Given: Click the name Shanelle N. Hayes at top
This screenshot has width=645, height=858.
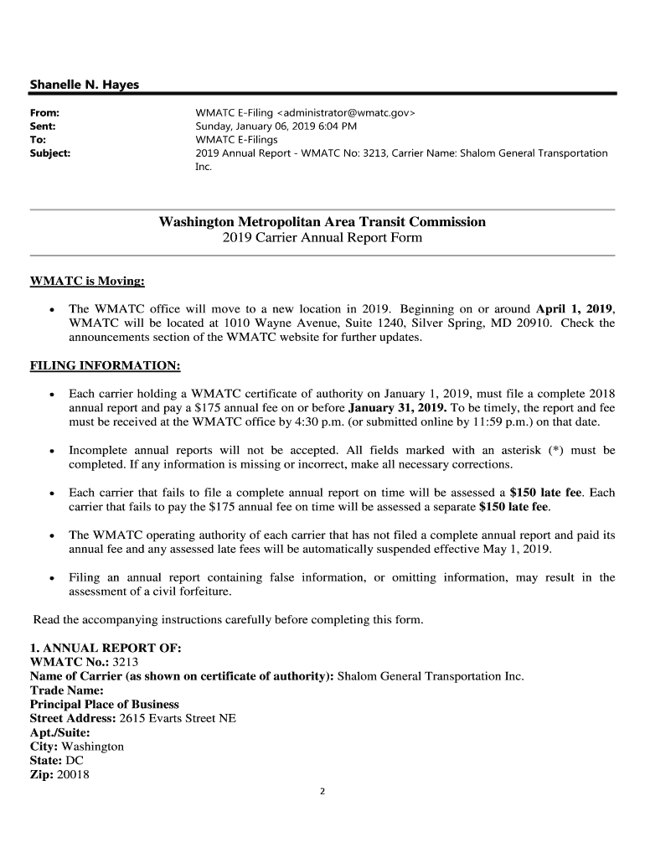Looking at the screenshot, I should tap(84, 85).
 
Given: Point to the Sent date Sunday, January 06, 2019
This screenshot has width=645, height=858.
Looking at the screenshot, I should tap(259, 126).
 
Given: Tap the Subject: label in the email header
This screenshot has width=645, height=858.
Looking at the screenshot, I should tap(50, 153).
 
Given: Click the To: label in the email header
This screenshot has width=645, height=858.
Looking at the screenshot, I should tap(38, 139).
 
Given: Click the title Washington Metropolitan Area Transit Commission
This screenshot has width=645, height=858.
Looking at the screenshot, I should tap(322, 222).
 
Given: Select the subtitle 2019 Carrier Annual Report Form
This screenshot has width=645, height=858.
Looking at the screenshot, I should tap(322, 238).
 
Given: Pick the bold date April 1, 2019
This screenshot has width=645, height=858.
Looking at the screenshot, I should tap(574, 308).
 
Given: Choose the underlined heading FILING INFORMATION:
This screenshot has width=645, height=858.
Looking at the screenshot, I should tap(105, 366).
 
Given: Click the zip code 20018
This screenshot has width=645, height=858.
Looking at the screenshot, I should tap(73, 775).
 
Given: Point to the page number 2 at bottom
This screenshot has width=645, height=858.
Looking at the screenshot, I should tap(322, 792).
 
